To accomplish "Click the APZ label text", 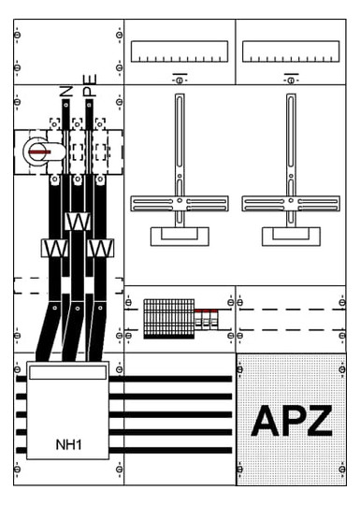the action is tap(292, 420).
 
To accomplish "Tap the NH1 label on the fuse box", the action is tap(68, 445).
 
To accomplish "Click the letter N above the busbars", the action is tap(66, 92).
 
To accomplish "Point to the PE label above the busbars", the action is tap(89, 85).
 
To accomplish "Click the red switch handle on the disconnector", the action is tap(39, 152).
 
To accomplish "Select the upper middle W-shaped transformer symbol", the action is tap(78, 222).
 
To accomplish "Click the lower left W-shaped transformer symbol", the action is tap(55, 248).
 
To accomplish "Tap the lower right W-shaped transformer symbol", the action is tap(100, 248).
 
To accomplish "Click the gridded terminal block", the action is tap(169, 319).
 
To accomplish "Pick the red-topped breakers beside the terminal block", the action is tap(206, 319).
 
